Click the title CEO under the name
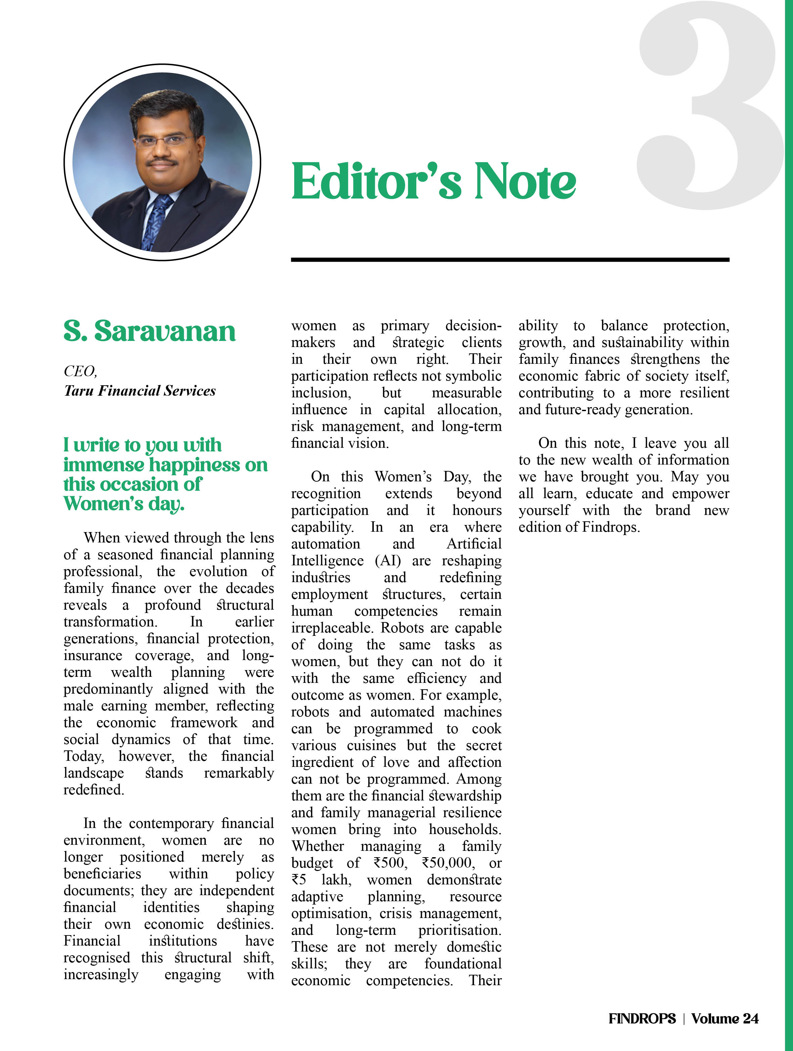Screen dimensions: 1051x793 pyautogui.click(x=80, y=371)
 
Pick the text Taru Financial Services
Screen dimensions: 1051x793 pyautogui.click(x=140, y=391)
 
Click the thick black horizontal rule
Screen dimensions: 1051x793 pyautogui.click(x=510, y=259)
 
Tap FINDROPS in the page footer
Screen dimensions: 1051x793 pyautogui.click(x=642, y=1018)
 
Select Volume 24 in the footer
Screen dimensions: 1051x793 pyautogui.click(x=724, y=1018)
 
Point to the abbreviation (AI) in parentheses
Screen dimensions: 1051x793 pyautogui.click(x=388, y=561)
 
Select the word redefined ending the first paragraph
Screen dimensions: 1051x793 pyautogui.click(x=94, y=790)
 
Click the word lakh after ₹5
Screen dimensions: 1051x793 pyautogui.click(x=336, y=879)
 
